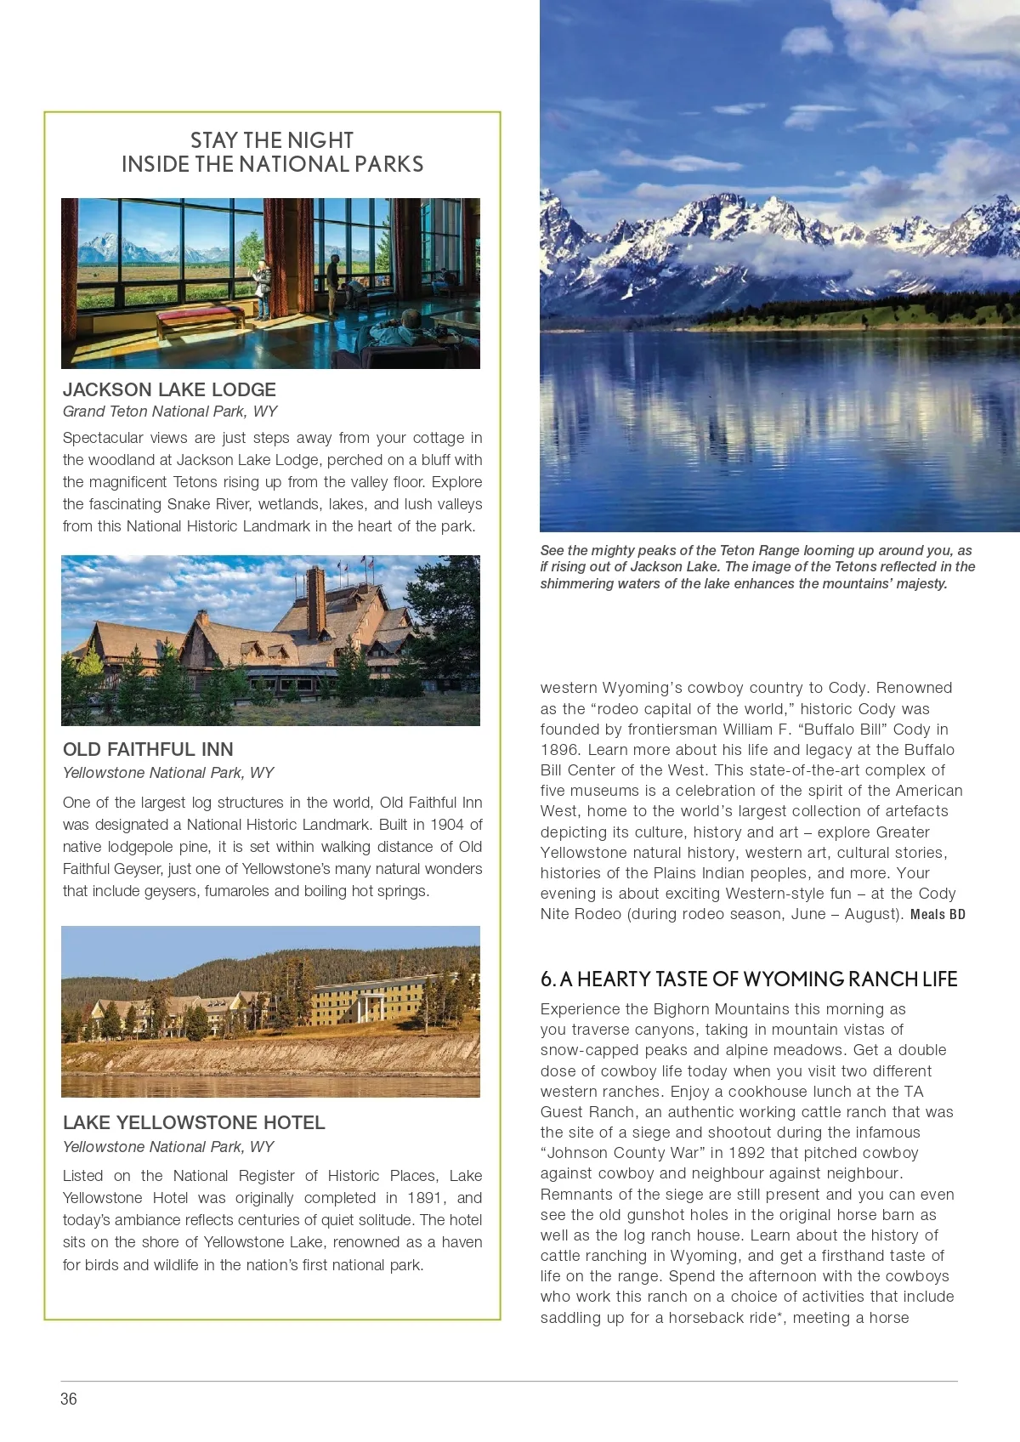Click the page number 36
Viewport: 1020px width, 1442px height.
point(69,1399)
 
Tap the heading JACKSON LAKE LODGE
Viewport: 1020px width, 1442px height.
point(169,389)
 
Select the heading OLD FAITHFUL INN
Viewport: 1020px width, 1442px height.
point(148,749)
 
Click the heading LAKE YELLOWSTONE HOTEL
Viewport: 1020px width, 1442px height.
point(194,1122)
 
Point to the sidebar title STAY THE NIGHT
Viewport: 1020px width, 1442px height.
point(272,140)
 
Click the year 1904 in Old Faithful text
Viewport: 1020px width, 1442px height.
point(446,825)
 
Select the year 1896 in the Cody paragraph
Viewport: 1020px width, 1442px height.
point(559,749)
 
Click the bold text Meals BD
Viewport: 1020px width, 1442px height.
point(938,915)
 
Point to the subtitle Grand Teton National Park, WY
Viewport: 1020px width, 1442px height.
point(170,412)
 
